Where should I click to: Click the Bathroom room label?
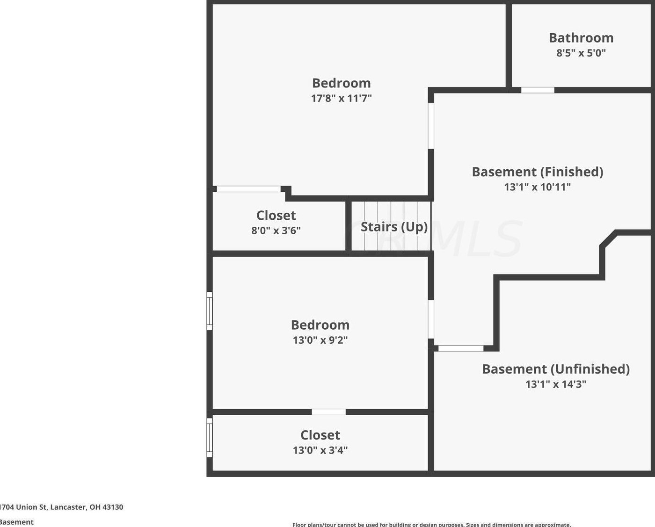(x=581, y=38)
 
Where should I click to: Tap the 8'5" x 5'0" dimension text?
(x=581, y=53)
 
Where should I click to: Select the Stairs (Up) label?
(x=394, y=227)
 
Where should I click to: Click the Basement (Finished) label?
(x=538, y=172)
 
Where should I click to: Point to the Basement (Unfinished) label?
(x=556, y=369)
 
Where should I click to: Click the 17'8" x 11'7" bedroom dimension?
(x=342, y=98)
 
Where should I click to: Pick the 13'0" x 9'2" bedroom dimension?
(x=320, y=340)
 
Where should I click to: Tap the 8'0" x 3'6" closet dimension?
(x=276, y=231)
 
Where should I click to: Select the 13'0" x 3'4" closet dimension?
(x=320, y=450)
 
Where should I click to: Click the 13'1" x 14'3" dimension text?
(x=556, y=384)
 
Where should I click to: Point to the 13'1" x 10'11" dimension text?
(x=538, y=187)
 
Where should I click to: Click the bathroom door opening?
(x=538, y=90)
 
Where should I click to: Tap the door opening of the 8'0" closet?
(x=248, y=189)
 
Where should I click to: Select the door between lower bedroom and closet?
(x=328, y=412)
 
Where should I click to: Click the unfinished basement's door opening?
(x=461, y=348)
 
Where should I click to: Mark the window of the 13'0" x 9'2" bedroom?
(x=210, y=311)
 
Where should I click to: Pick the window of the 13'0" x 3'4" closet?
(x=210, y=438)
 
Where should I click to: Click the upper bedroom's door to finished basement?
(x=431, y=126)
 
